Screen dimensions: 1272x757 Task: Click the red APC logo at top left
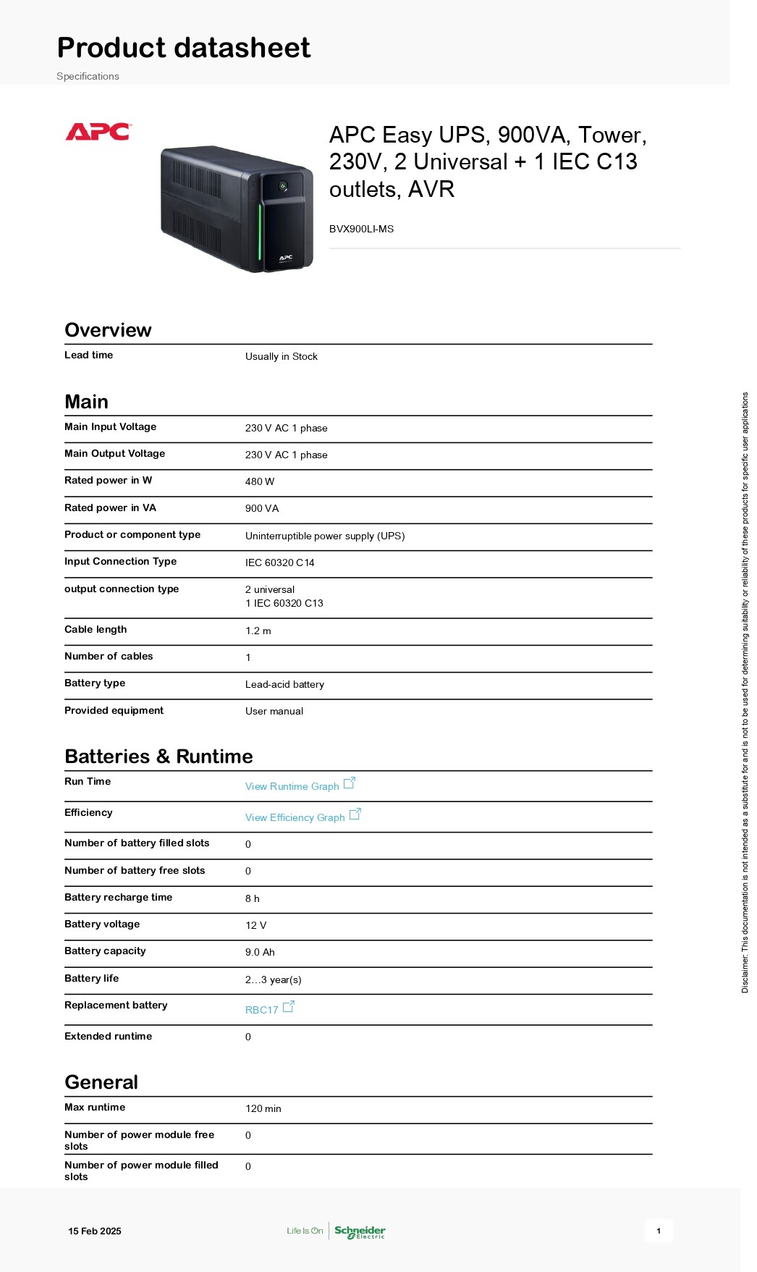(98, 132)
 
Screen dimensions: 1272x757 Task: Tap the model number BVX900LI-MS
(361, 229)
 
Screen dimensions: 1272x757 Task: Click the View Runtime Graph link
(292, 786)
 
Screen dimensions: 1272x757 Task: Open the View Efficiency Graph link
(295, 817)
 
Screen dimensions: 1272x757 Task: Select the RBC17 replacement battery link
(262, 1010)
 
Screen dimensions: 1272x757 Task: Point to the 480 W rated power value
(260, 481)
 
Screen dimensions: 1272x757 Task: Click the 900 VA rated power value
(262, 508)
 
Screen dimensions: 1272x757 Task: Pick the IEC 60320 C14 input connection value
(279, 563)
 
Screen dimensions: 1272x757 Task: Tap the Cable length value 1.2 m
(258, 631)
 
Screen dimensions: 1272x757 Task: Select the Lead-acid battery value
(284, 684)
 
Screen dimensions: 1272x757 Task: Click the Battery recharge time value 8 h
(252, 898)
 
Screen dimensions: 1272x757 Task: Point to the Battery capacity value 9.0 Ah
(260, 952)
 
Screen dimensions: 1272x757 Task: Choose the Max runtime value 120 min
(263, 1108)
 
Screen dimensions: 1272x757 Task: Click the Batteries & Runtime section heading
(158, 757)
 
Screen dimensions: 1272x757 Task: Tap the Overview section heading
(108, 330)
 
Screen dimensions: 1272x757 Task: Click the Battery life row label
(91, 978)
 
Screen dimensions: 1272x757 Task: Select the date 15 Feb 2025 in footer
(95, 1231)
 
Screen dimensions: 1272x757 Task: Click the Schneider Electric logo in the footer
(360, 1231)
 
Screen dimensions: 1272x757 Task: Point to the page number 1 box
(659, 1231)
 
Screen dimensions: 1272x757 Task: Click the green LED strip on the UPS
(260, 232)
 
